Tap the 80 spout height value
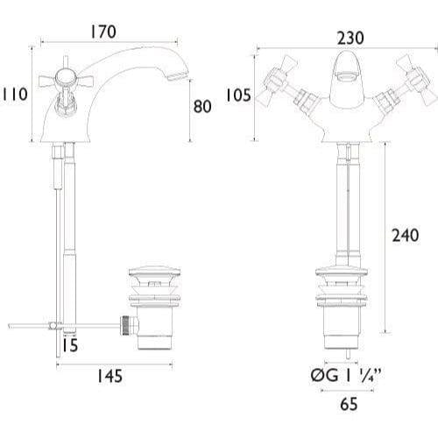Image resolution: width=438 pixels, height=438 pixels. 201,107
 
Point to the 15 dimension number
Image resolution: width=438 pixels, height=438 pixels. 70,345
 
